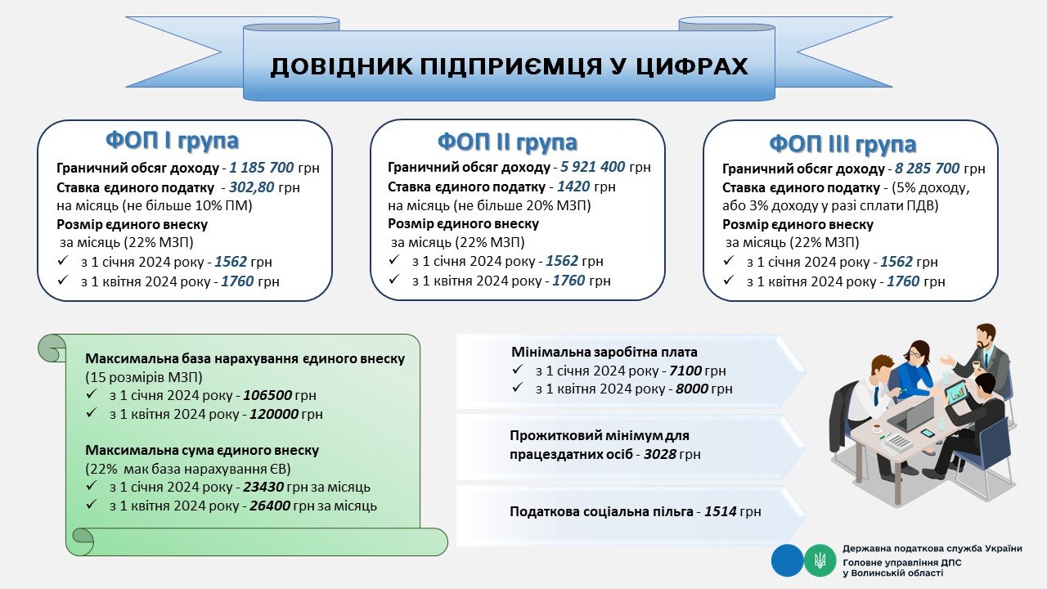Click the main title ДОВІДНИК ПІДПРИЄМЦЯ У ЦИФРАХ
pyautogui.click(x=509, y=66)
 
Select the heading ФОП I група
pyautogui.click(x=172, y=140)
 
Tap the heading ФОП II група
pyautogui.click(x=507, y=142)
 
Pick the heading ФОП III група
pyautogui.click(x=843, y=143)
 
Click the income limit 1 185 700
pyautogui.click(x=261, y=168)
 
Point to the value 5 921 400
pyautogui.click(x=593, y=166)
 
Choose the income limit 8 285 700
pyautogui.click(x=927, y=168)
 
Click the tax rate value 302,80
pyautogui.click(x=251, y=187)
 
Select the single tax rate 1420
pyautogui.click(x=573, y=187)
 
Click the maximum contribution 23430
pyautogui.click(x=263, y=487)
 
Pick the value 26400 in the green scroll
pyautogui.click(x=270, y=506)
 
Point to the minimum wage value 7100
pyautogui.click(x=685, y=371)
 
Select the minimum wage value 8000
pyautogui.click(x=692, y=389)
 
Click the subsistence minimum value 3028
pyautogui.click(x=659, y=454)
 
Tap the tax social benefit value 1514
pyautogui.click(x=721, y=511)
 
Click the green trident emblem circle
pyautogui.click(x=820, y=560)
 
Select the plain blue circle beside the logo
pyautogui.click(x=787, y=560)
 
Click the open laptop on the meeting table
pyautogui.click(x=905, y=415)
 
